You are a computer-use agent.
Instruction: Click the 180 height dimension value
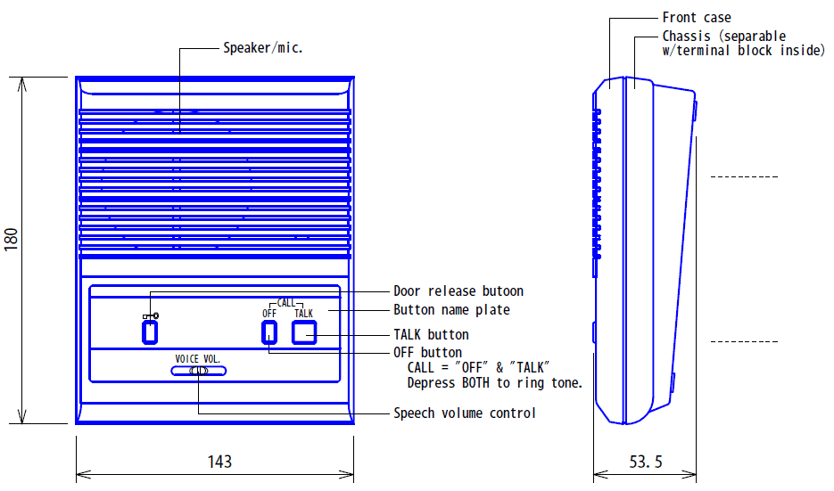pos(12,239)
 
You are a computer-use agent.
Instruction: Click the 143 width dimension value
pos(219,461)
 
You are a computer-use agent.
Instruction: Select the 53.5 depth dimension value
pos(646,462)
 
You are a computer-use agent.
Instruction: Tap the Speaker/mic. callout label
pos(263,48)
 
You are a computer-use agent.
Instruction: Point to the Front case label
pos(697,18)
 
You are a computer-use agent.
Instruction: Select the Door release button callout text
pos(458,291)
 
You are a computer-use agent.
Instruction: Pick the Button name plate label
pos(452,310)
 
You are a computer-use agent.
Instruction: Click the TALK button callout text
pos(431,335)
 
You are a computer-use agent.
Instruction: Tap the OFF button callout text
pos(427,353)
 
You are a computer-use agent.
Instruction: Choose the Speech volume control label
pos(465,413)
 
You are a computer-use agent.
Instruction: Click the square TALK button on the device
pos(304,332)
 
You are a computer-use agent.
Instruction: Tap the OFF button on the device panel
pos(268,332)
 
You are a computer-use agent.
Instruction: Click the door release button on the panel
pos(150,332)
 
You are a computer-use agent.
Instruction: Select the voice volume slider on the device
pos(198,372)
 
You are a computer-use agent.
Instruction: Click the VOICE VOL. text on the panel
pos(198,359)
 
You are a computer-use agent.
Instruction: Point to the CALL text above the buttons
pos(285,303)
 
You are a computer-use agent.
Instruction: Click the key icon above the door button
pos(151,315)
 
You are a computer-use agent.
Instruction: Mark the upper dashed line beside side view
pos(744,177)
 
